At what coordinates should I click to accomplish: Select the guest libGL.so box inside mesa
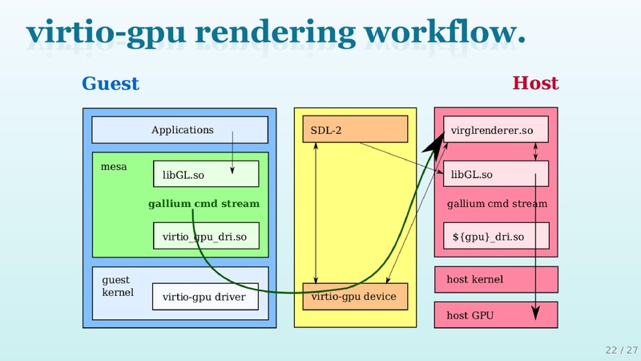(x=206, y=174)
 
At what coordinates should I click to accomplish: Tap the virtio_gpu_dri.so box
(x=206, y=236)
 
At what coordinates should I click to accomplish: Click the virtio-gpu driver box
(x=205, y=297)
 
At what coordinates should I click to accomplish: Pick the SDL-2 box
(x=355, y=130)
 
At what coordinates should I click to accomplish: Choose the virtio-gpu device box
(x=355, y=297)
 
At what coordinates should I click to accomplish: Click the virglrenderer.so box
(x=496, y=130)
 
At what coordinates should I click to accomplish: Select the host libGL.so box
(x=496, y=174)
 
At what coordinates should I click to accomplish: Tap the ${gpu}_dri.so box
(x=496, y=236)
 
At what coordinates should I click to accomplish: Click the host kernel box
(x=496, y=279)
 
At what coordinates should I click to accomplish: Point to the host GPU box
(x=496, y=315)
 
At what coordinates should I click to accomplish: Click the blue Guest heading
(x=111, y=83)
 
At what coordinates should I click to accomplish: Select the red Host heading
(x=535, y=83)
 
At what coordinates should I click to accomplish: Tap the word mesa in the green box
(x=114, y=167)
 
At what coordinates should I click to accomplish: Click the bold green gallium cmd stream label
(x=204, y=204)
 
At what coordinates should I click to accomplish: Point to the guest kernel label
(x=117, y=286)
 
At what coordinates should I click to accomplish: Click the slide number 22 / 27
(x=621, y=350)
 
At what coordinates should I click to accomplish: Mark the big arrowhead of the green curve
(x=432, y=143)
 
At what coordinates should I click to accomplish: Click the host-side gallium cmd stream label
(x=497, y=204)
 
